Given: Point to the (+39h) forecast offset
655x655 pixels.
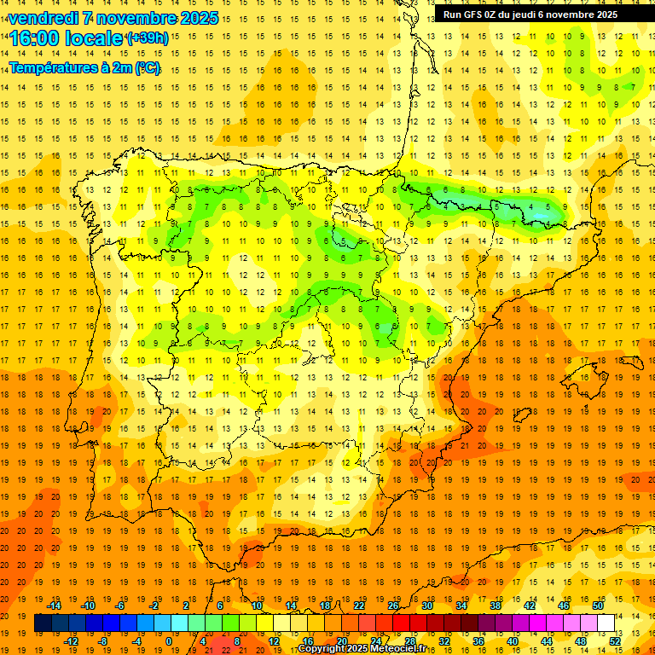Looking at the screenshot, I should (x=147, y=38).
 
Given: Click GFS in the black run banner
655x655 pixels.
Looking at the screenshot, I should (x=478, y=14).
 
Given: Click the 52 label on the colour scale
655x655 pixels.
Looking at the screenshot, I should (x=616, y=641).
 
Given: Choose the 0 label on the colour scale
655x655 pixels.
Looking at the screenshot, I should (x=168, y=641).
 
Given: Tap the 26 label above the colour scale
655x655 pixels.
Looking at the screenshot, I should (x=393, y=606).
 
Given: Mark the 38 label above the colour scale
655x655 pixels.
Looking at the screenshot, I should (x=496, y=606).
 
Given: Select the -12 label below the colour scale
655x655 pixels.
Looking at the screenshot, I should (x=72, y=641).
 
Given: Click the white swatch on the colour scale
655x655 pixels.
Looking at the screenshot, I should (x=606, y=623).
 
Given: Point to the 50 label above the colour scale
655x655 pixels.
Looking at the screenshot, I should (x=598, y=606).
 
